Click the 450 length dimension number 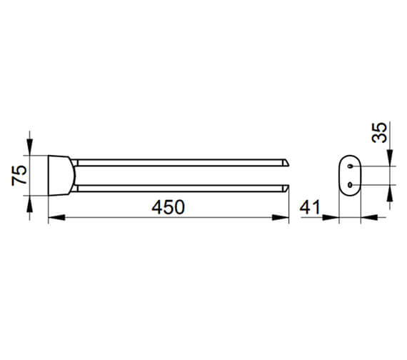[x=169, y=207]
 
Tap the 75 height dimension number [x=19, y=175]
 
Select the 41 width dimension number [x=310, y=207]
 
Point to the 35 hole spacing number [x=379, y=132]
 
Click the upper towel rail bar [x=181, y=163]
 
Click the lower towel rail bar [x=181, y=189]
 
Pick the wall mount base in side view [x=61, y=175]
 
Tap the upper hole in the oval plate [x=350, y=166]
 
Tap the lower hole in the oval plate [x=350, y=185]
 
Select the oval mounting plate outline [x=339, y=175]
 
